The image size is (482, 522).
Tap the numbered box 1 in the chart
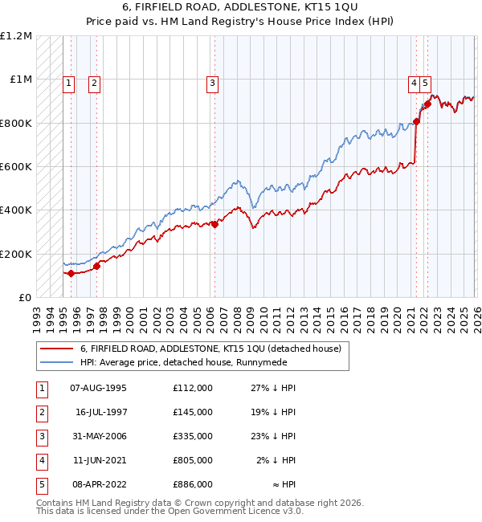69,82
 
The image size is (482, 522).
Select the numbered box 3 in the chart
213,82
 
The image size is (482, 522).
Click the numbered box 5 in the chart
425,82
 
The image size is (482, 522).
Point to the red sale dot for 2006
214,225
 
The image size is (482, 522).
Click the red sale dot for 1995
71,273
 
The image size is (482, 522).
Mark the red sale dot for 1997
96,266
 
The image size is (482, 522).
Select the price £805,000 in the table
192,460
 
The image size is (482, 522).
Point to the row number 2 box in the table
40,412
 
